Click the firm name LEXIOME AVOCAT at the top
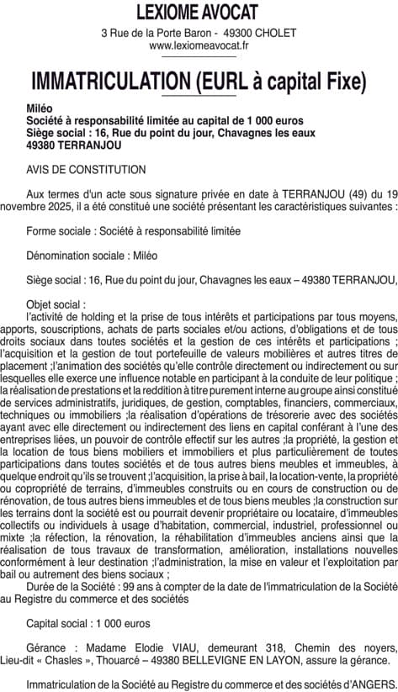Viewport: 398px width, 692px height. point(199,12)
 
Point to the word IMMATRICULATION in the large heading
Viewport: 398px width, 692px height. point(109,82)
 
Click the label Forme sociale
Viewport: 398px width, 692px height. point(59,230)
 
